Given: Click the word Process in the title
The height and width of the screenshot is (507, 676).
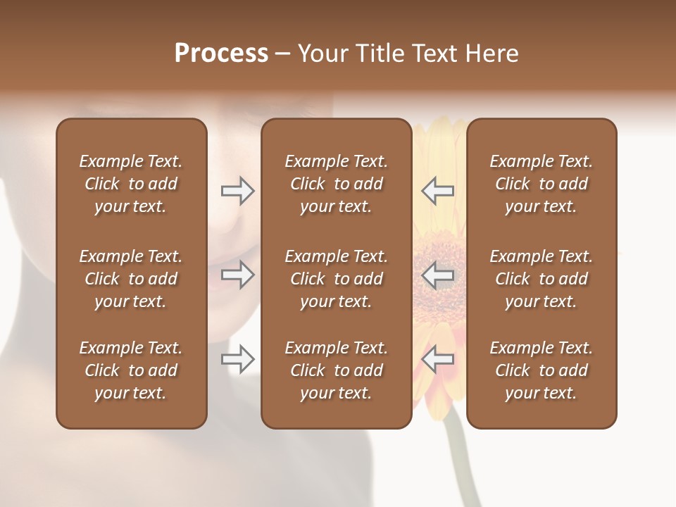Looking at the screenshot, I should (221, 54).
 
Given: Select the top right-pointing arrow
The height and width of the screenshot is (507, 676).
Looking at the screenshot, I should (238, 191).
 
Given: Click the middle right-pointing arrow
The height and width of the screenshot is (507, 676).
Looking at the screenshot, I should (238, 275).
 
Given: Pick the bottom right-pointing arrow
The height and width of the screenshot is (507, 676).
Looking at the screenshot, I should (238, 360).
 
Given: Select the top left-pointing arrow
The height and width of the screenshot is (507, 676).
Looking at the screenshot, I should (437, 191).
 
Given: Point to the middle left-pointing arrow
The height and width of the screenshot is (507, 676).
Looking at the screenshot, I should (437, 275).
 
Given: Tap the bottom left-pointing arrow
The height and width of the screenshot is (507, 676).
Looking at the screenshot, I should (437, 360).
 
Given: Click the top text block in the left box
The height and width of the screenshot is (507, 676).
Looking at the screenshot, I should (131, 184).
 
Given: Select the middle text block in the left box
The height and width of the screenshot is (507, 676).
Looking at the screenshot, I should (131, 279).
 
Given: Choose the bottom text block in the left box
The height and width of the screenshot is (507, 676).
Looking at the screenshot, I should (131, 370).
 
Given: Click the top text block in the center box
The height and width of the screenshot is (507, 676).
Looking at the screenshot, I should (336, 184).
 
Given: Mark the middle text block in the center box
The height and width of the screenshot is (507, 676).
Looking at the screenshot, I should (336, 279).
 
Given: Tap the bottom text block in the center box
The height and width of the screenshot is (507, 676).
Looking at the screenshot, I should (336, 370).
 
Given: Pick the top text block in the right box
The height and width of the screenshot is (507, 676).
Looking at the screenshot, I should (542, 184).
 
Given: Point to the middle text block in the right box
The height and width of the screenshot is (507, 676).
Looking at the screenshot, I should (542, 279).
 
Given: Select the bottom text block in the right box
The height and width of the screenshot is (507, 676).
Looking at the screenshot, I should (542, 370).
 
